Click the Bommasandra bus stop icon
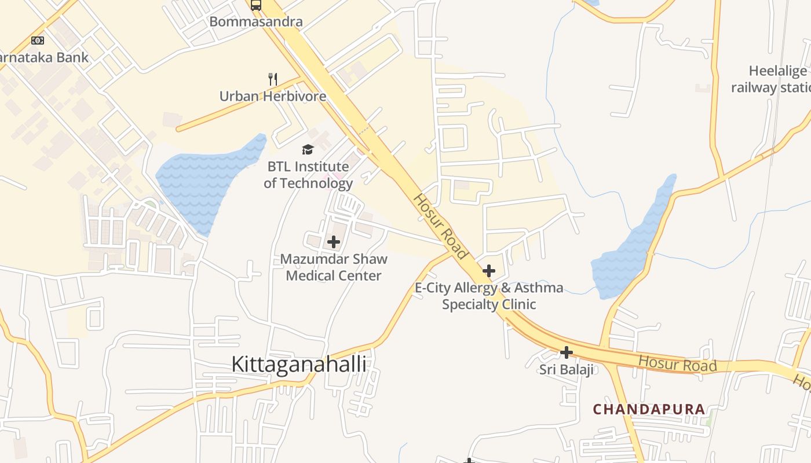pyautogui.click(x=256, y=5)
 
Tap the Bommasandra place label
pyautogui.click(x=256, y=22)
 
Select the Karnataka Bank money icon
pyautogui.click(x=38, y=40)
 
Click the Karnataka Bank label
pyautogui.click(x=44, y=57)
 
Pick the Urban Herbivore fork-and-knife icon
pyautogui.click(x=273, y=79)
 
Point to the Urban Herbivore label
pyautogui.click(x=273, y=96)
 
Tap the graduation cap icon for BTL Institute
pyautogui.click(x=308, y=149)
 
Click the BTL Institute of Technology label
pyautogui.click(x=308, y=175)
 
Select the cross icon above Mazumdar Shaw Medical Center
pyautogui.click(x=334, y=242)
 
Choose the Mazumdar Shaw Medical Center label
pyautogui.click(x=334, y=267)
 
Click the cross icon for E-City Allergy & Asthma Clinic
pyautogui.click(x=489, y=270)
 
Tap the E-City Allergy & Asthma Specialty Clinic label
pyautogui.click(x=489, y=296)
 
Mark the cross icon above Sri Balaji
pyautogui.click(x=567, y=352)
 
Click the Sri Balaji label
pyautogui.click(x=567, y=369)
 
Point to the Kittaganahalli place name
pyautogui.click(x=299, y=364)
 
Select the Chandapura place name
pyautogui.click(x=649, y=409)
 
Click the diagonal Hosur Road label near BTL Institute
pyautogui.click(x=441, y=226)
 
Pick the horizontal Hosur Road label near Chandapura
pyautogui.click(x=678, y=365)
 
